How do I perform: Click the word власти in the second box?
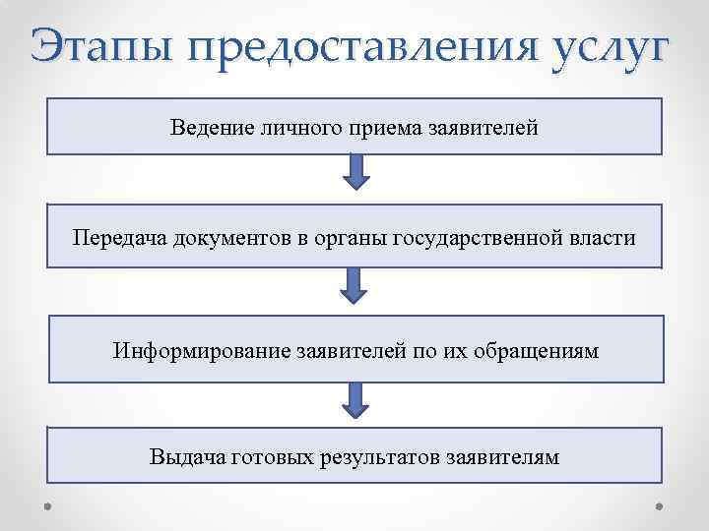pos(601,237)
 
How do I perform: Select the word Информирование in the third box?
pos(201,350)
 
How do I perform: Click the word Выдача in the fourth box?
pos(186,457)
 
